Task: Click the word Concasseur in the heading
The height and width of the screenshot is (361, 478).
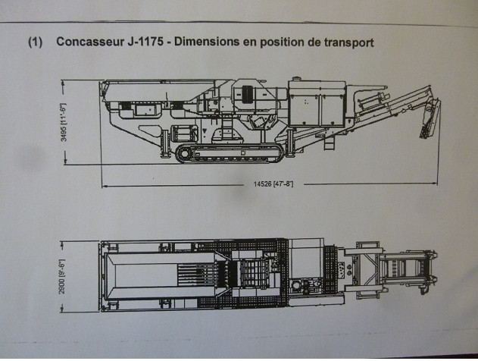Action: [89, 42]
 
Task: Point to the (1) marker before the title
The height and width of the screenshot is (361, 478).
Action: [35, 42]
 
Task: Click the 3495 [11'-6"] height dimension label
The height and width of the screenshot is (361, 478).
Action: [65, 121]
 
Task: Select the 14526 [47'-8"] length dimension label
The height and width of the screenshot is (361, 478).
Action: [269, 185]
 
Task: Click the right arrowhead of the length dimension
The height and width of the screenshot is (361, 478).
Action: [436, 184]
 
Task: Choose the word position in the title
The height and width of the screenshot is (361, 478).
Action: [284, 42]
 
